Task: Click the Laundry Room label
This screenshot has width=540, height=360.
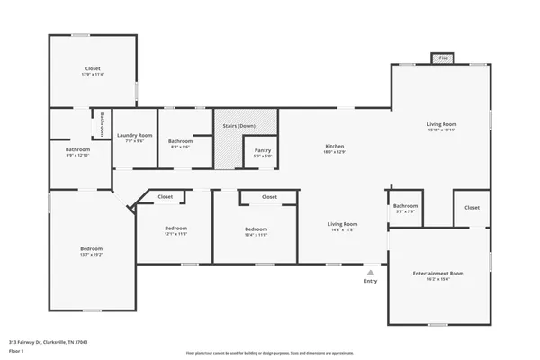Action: click(134, 135)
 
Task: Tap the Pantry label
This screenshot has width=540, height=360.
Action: click(263, 150)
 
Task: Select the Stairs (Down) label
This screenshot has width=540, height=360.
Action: click(240, 127)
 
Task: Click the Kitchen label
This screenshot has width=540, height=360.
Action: click(335, 146)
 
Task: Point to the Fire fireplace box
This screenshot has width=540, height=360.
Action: click(440, 59)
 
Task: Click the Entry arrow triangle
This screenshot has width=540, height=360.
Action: click(370, 270)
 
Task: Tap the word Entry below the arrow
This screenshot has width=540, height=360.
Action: click(370, 281)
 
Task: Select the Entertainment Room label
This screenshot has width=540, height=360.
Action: click(437, 273)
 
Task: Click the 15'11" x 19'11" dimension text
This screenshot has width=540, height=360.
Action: click(441, 130)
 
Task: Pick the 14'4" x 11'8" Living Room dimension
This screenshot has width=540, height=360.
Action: click(342, 229)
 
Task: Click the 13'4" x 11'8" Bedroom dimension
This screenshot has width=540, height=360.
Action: click(256, 234)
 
